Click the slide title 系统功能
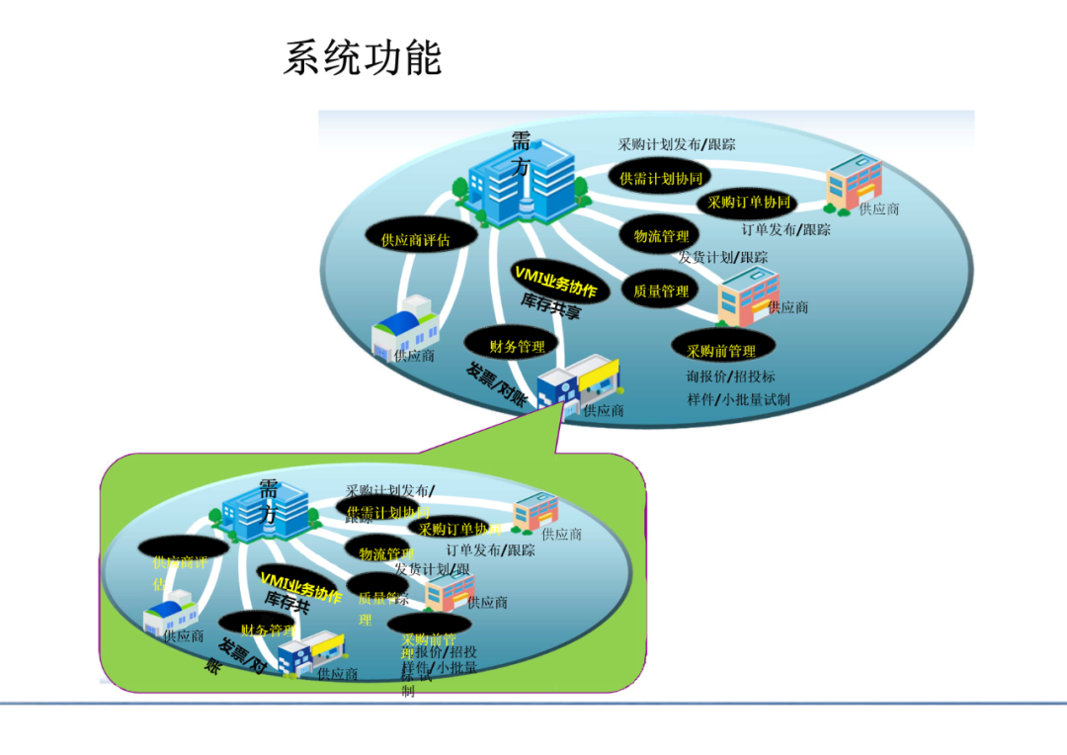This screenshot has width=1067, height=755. click(x=362, y=58)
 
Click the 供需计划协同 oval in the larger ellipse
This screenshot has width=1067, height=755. click(x=661, y=179)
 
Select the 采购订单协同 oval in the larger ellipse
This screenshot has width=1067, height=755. click(x=749, y=203)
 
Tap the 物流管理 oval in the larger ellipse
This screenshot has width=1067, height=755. click(x=661, y=236)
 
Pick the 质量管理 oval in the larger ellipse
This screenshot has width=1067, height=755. click(x=661, y=292)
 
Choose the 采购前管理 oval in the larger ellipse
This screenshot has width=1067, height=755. click(x=721, y=351)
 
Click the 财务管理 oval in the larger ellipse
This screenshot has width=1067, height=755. click(x=517, y=347)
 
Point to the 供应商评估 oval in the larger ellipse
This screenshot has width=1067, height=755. click(x=415, y=239)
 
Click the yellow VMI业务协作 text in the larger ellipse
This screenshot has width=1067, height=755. click(x=554, y=281)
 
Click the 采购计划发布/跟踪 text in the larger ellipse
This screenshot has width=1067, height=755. click(x=677, y=144)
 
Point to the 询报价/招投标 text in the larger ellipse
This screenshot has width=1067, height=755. click(x=731, y=377)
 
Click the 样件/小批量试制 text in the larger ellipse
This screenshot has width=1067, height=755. click(x=738, y=400)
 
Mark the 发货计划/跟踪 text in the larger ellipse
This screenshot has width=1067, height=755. click(x=722, y=257)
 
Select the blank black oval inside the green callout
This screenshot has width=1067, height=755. click(x=183, y=546)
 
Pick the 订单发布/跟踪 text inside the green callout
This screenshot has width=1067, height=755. click(x=490, y=550)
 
